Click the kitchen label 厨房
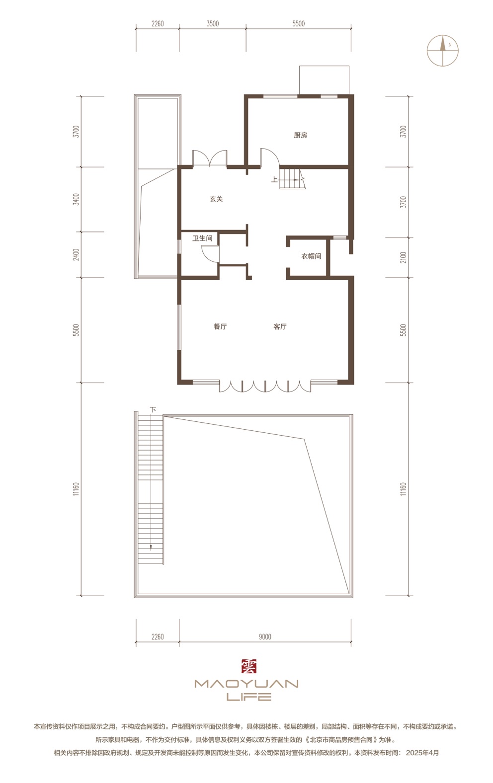(300, 135)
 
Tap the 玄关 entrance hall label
(216, 199)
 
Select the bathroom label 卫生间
(202, 238)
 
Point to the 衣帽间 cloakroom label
(311, 256)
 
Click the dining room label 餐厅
(220, 326)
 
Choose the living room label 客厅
(280, 326)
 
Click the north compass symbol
(443, 51)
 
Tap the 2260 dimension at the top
(158, 24)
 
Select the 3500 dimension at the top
(213, 24)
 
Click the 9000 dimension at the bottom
(265, 637)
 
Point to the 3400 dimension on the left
(76, 199)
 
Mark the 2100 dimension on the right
(404, 258)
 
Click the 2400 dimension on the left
(76, 254)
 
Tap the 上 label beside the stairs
(274, 180)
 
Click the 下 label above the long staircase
(153, 409)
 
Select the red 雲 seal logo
(248, 666)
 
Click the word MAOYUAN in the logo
(246, 684)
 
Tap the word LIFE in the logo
(248, 697)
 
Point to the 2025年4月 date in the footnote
(422, 753)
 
